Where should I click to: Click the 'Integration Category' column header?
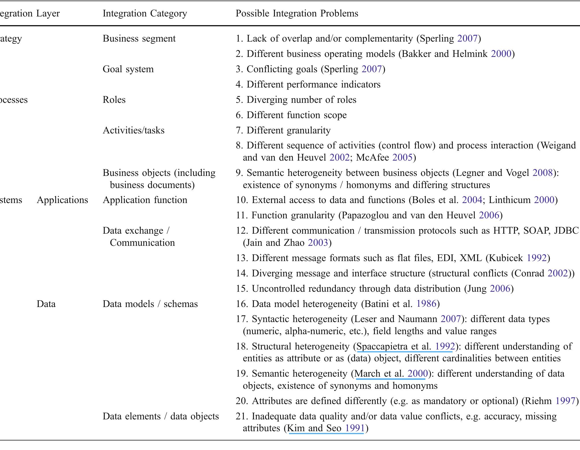145,14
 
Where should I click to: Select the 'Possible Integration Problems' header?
297,14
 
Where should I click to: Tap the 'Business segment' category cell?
139,39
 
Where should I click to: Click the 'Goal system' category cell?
128,69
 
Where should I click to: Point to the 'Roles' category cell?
114,100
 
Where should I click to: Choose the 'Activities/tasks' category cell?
134,131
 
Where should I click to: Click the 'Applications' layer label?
62,200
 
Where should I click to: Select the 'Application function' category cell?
145,200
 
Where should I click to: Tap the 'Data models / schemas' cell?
150,304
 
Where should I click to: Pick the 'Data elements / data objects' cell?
161,416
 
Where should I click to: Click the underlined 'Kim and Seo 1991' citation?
326,428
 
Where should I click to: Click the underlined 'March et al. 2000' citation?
391,374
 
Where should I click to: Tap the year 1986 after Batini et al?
426,304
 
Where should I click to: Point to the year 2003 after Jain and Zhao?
318,243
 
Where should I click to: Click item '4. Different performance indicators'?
308,85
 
